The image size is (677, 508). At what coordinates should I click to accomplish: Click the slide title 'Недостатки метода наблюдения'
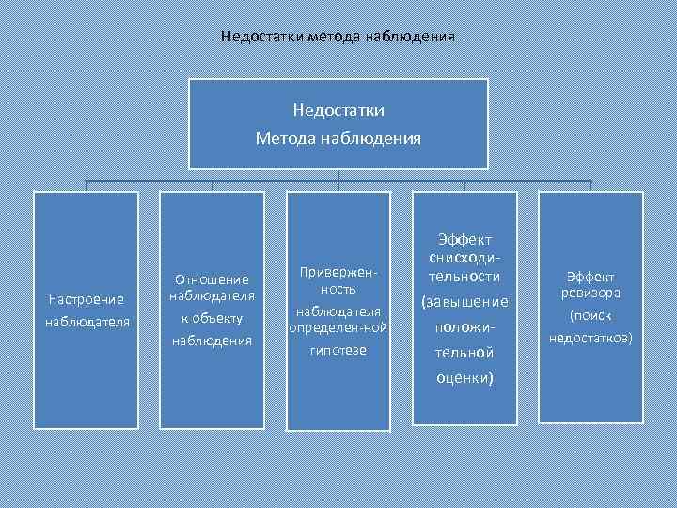tap(338, 37)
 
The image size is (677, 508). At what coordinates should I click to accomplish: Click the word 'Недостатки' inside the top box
tap(338, 111)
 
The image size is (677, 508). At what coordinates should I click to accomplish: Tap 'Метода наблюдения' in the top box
tap(338, 138)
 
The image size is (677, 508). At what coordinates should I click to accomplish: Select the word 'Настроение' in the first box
tap(86, 299)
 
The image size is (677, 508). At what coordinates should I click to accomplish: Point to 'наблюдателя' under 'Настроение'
tap(86, 323)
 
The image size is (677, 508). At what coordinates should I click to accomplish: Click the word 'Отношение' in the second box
tap(212, 278)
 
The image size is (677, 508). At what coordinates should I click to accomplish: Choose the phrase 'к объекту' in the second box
tap(212, 318)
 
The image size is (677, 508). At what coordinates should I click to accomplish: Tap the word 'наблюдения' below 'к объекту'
tap(212, 340)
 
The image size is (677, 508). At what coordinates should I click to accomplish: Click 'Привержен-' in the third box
tap(338, 271)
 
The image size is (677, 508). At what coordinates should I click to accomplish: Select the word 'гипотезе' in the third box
tap(338, 350)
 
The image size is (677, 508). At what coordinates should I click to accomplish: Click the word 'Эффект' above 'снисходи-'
tap(464, 240)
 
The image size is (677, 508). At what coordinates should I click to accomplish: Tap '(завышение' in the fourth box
tap(464, 302)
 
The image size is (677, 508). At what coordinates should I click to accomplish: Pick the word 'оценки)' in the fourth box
tap(464, 378)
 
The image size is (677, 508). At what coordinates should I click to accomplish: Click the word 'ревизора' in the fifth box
tap(590, 293)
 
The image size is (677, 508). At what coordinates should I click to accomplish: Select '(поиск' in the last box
tap(590, 316)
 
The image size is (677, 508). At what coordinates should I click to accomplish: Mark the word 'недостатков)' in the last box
tap(590, 337)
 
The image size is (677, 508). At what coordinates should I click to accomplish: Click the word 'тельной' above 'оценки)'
tap(464, 354)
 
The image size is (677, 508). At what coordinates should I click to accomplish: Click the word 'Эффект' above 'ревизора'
tap(590, 277)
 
